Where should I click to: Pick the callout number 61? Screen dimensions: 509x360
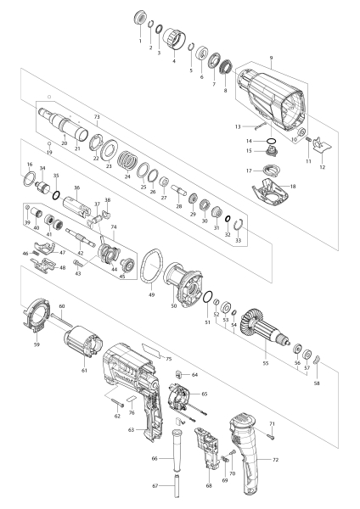click(x=83, y=370)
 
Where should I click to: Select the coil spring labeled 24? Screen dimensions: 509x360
click(x=127, y=162)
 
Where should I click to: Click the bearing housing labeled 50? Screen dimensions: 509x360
click(x=183, y=279)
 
